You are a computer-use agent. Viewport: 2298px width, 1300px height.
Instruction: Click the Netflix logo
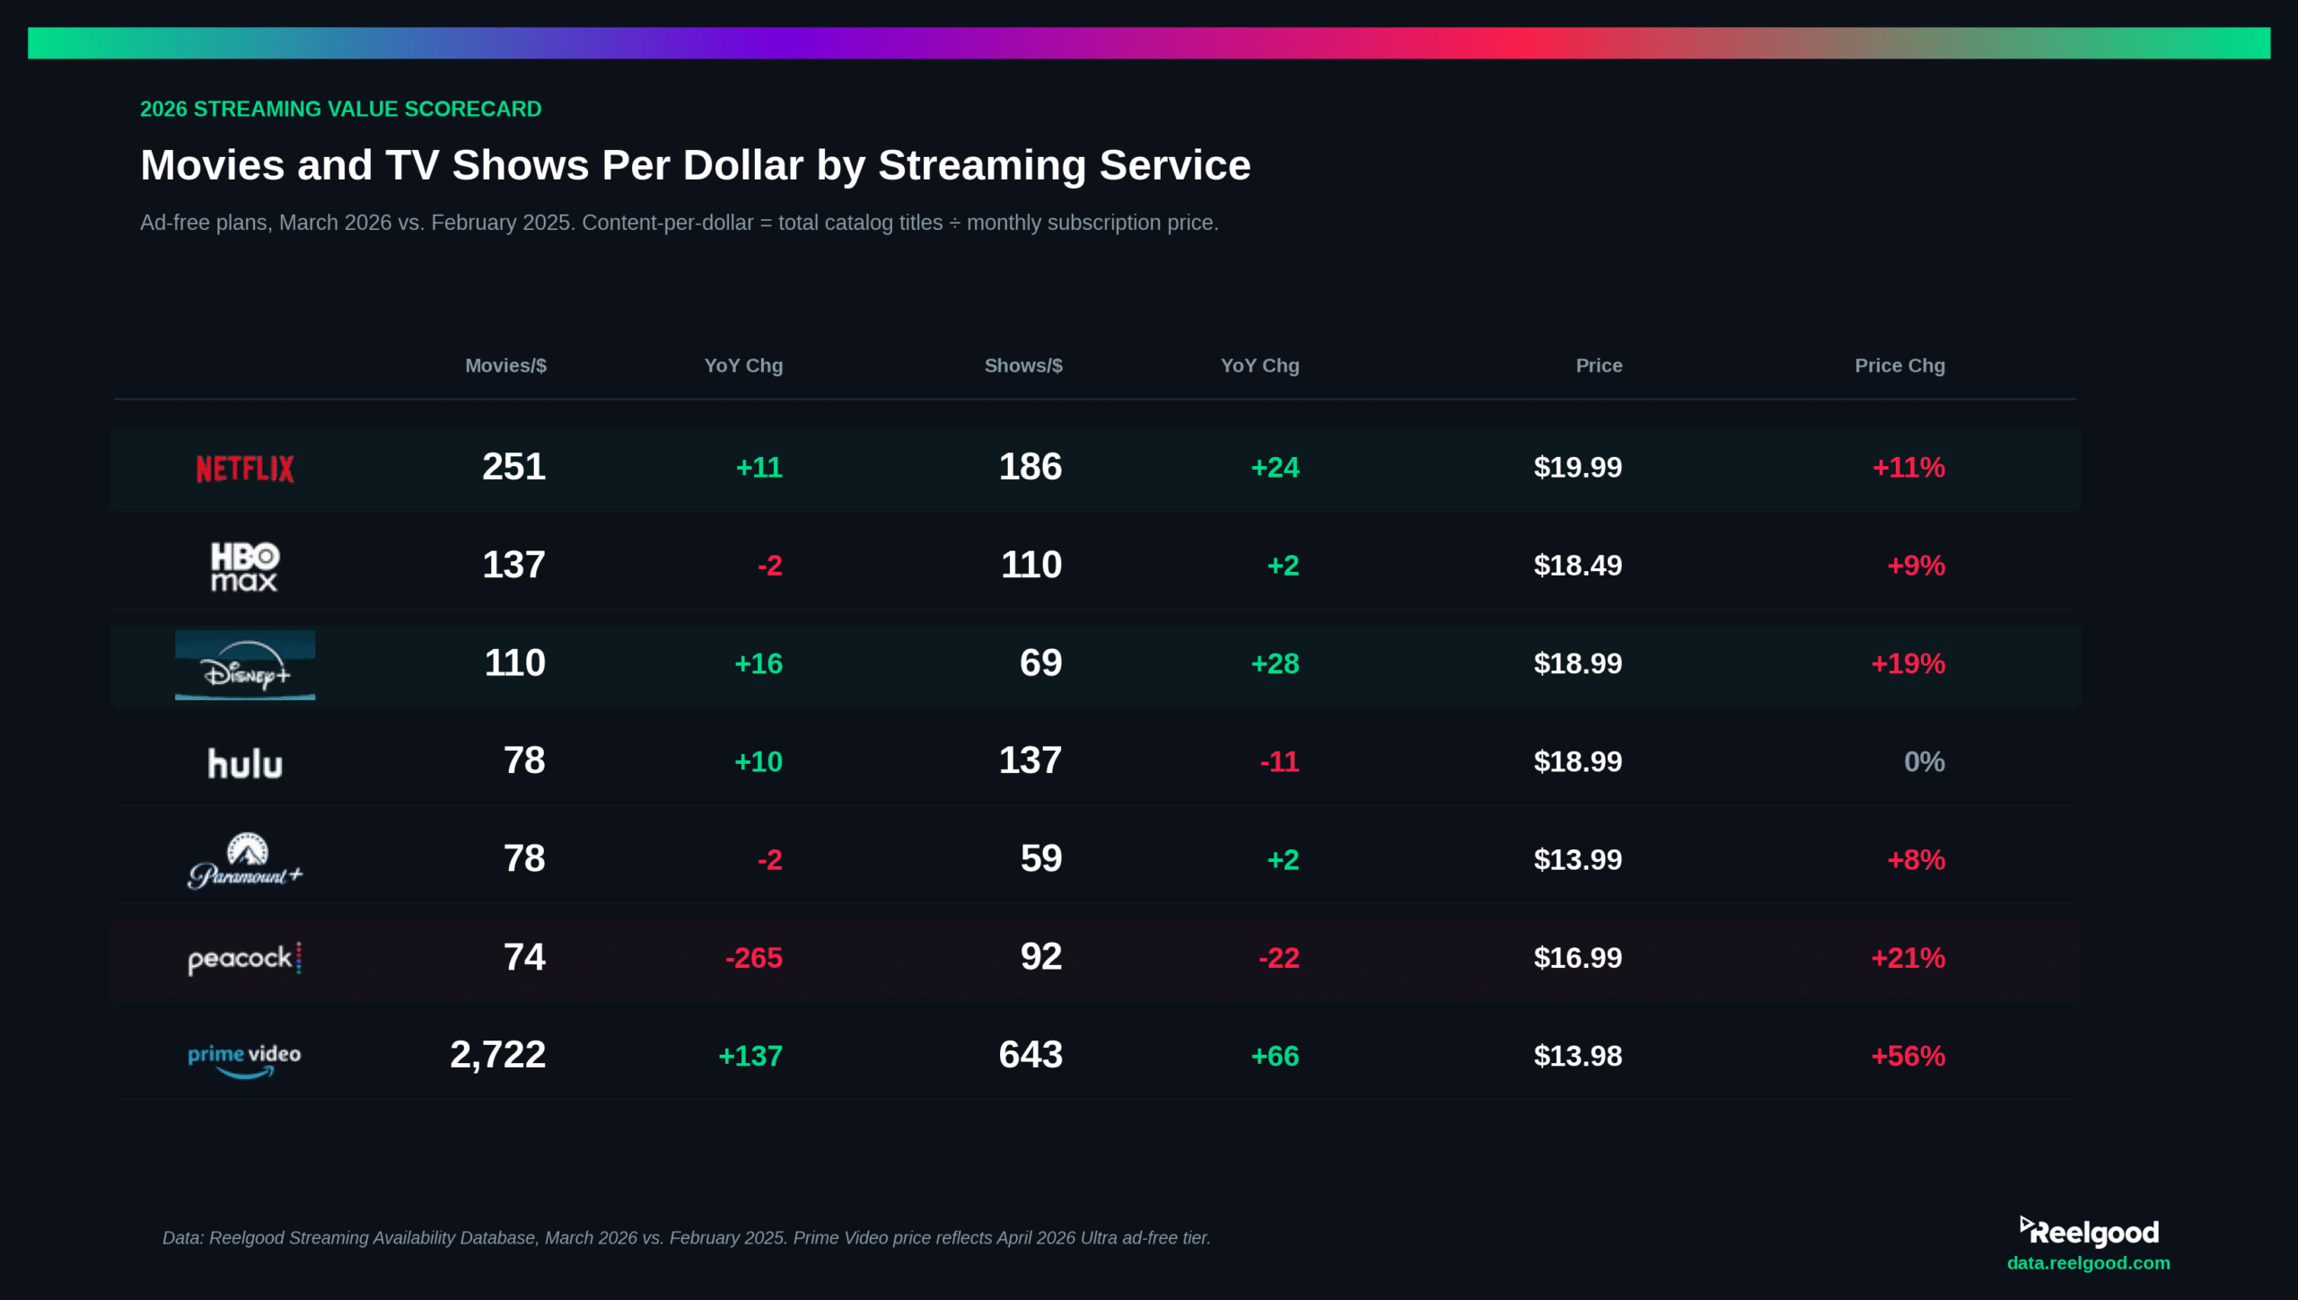(244, 468)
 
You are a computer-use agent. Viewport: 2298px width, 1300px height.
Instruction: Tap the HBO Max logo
(244, 567)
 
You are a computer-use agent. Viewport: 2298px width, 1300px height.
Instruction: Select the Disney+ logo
(244, 665)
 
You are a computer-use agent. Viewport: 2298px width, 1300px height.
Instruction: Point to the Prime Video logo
(244, 1058)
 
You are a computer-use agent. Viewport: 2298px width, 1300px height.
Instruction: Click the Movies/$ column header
(505, 365)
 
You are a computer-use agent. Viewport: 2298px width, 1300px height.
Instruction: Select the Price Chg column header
(1899, 365)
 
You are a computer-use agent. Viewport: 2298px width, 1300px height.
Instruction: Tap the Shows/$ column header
(1023, 365)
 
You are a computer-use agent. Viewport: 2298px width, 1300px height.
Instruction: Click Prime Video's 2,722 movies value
(497, 1055)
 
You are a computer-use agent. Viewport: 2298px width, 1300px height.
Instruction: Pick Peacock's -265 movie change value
(753, 958)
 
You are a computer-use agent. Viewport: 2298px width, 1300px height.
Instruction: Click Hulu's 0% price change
(1924, 762)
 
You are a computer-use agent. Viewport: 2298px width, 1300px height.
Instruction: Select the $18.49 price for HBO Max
(1577, 566)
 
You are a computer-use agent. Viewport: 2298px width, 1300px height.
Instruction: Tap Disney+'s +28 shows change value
(1275, 663)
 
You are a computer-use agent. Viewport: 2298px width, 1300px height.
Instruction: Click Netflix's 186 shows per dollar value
(1031, 467)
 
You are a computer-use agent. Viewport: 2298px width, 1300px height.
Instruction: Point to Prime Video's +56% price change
(1908, 1056)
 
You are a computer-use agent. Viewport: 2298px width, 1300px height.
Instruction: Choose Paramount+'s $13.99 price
(1577, 860)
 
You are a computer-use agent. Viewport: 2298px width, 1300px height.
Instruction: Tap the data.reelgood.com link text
(2088, 1263)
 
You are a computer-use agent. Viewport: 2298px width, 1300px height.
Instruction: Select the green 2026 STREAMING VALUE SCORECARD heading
(340, 110)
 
